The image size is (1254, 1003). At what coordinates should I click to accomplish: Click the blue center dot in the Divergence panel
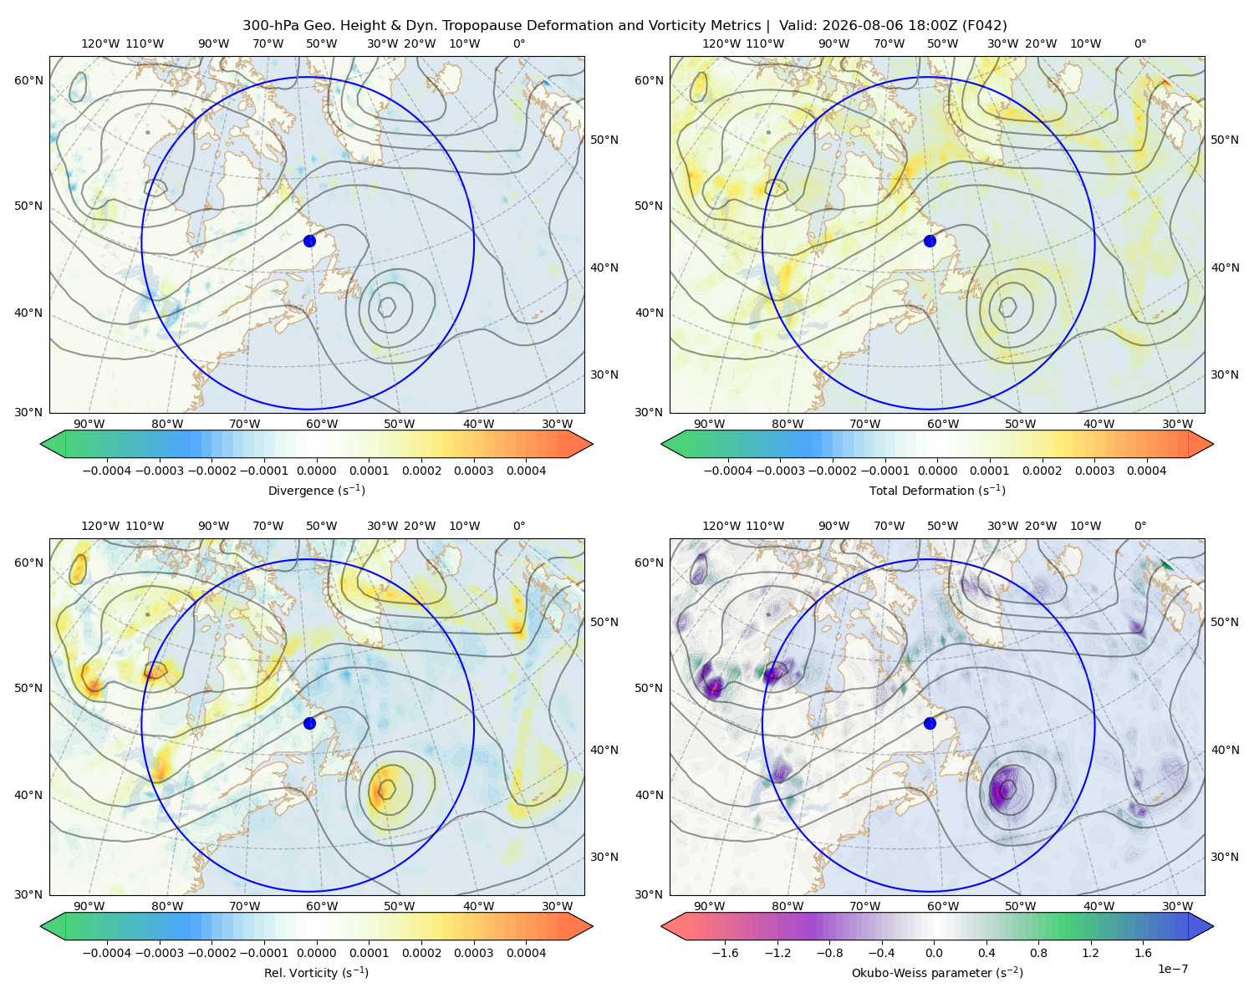309,242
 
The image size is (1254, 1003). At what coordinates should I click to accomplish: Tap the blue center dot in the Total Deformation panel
930,242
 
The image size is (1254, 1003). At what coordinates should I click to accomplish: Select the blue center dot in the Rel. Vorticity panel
309,723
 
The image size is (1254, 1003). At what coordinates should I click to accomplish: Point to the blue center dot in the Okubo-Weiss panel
930,723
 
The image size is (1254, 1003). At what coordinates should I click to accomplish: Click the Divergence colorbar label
316,491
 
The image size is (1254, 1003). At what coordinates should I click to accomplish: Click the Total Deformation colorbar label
937,491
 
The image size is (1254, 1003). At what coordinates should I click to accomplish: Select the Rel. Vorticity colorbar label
316,973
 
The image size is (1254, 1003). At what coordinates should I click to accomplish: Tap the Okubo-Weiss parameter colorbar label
937,973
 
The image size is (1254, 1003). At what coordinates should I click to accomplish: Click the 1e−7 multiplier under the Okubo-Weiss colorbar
1172,969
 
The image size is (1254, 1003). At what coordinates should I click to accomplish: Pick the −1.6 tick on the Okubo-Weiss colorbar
725,953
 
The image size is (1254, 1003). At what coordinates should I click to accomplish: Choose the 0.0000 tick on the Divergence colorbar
316,471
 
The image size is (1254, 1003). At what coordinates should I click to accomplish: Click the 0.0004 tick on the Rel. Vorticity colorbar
526,953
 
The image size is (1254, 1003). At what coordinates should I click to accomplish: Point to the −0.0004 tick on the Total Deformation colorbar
728,471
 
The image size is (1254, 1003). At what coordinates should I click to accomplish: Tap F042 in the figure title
984,26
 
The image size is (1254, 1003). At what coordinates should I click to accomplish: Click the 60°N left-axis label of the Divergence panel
28,80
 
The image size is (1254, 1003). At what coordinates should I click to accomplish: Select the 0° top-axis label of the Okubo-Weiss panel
1139,526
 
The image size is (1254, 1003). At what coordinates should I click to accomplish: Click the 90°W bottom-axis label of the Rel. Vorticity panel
89,906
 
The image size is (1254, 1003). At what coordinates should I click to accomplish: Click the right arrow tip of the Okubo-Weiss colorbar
1213,926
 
